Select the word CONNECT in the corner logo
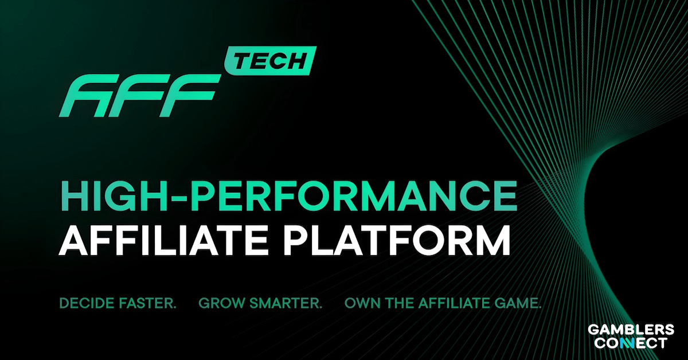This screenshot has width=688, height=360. point(631,343)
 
